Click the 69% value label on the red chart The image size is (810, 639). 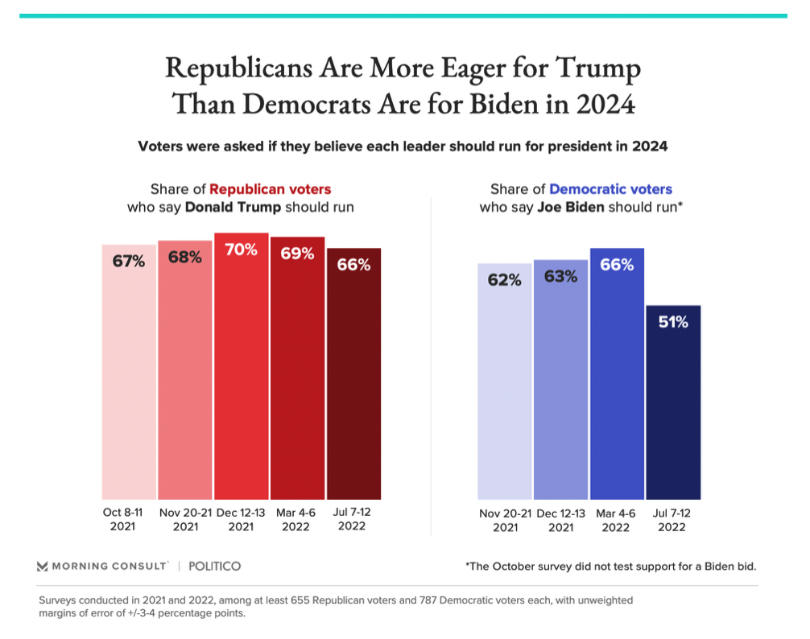[297, 254]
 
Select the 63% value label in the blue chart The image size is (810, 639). [560, 277]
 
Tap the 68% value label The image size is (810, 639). [185, 258]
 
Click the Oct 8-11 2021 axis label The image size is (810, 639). [123, 519]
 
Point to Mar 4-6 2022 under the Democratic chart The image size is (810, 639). [616, 519]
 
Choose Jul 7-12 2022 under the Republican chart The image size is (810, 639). [353, 519]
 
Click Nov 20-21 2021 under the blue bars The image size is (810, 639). [505, 519]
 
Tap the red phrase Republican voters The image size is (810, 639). [270, 190]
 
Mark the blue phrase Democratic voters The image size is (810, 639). [610, 190]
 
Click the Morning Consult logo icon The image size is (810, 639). [43, 567]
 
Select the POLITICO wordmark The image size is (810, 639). [214, 567]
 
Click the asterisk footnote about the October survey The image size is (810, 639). [610, 567]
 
